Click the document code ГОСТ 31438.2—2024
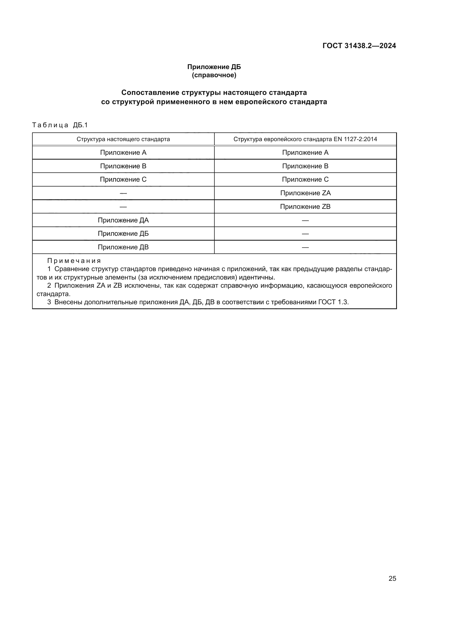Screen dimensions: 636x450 [x=359, y=46]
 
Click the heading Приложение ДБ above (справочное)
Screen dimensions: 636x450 [x=214, y=67]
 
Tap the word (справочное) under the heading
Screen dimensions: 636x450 [x=214, y=75]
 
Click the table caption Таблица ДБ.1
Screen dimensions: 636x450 [x=60, y=125]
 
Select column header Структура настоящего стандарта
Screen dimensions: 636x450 [x=123, y=139]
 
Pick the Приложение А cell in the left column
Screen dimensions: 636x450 [x=123, y=153]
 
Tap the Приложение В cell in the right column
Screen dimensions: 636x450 [x=305, y=166]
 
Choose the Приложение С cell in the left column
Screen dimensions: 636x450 [x=123, y=179]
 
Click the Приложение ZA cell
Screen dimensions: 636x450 [x=305, y=193]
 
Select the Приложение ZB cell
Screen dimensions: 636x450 [x=305, y=207]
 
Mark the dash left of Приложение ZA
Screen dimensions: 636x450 [x=123, y=193]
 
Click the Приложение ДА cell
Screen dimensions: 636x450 [x=123, y=220]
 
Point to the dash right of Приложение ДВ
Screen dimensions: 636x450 [x=305, y=247]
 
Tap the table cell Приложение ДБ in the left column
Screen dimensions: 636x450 [x=123, y=234]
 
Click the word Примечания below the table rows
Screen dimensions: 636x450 [x=74, y=261]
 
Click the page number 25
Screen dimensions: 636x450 [x=392, y=579]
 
